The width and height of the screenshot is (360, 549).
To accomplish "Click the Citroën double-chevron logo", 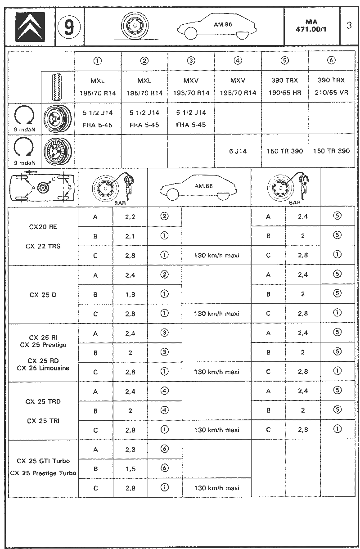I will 30,27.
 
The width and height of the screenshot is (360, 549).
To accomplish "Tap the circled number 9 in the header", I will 69,27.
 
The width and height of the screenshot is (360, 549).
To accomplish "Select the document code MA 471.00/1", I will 311,26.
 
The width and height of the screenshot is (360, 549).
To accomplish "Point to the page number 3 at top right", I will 349,26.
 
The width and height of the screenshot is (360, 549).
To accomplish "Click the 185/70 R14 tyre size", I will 97,93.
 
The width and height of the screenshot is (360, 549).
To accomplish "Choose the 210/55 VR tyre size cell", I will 331,93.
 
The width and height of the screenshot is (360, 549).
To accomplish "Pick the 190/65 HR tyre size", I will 284,93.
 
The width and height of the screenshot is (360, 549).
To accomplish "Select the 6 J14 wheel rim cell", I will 238,151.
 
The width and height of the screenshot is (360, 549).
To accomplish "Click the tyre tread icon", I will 58,87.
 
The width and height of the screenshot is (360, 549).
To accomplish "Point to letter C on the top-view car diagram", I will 54,179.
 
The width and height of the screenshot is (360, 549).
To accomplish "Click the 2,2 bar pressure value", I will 130,217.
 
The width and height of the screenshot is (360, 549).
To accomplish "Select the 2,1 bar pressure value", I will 130,236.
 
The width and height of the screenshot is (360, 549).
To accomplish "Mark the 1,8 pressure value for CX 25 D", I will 130,294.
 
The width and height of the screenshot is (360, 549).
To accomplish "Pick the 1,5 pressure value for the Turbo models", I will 130,469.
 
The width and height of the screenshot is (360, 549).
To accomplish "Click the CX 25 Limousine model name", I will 43,368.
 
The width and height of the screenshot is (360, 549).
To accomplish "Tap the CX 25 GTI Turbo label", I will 43,461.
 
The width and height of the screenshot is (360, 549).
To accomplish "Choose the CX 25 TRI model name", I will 43,421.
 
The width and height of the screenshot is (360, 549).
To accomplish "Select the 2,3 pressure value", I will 130,450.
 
